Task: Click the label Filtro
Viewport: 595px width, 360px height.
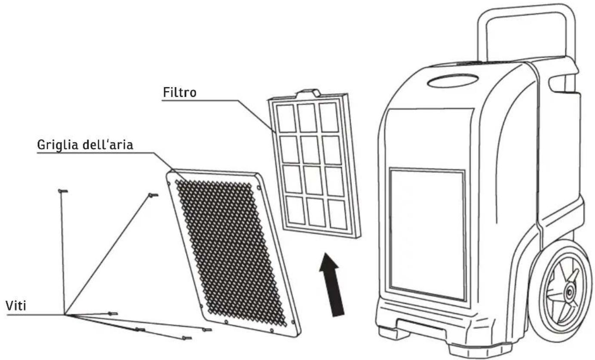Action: pyautogui.click(x=180, y=92)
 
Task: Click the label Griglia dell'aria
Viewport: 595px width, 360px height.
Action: pyautogui.click(x=85, y=145)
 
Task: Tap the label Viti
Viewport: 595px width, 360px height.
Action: pyautogui.click(x=16, y=306)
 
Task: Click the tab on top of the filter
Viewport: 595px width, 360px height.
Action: pyautogui.click(x=308, y=93)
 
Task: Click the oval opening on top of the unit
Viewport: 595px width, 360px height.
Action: pyautogui.click(x=453, y=80)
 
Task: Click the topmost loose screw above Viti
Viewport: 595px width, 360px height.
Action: pyautogui.click(x=63, y=191)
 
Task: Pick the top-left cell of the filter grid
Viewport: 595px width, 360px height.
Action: pyautogui.click(x=286, y=118)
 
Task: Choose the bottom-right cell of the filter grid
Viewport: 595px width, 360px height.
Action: pyautogui.click(x=337, y=214)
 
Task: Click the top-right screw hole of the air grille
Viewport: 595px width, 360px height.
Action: pyautogui.click(x=259, y=188)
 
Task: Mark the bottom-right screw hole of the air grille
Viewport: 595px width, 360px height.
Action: pyautogui.click(x=293, y=322)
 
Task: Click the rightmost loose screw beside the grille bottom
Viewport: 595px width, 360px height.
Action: pyautogui.click(x=207, y=330)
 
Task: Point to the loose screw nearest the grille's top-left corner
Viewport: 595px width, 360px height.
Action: pyautogui.click(x=153, y=195)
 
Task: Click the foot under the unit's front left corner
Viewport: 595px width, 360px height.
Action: pyautogui.click(x=390, y=332)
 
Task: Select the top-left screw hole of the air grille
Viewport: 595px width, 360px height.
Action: pyautogui.click(x=169, y=183)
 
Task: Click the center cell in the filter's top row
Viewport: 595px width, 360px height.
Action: pyautogui.click(x=307, y=117)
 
